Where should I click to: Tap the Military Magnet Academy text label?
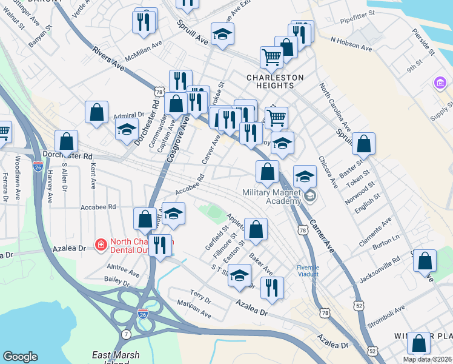click(272, 197)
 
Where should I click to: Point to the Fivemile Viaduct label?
click(312, 271)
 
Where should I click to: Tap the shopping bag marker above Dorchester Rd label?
click(66, 142)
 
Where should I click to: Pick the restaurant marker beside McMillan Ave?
click(145, 22)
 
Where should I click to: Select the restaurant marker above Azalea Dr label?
click(272, 288)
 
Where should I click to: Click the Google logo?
click(21, 357)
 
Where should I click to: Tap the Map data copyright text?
click(428, 359)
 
